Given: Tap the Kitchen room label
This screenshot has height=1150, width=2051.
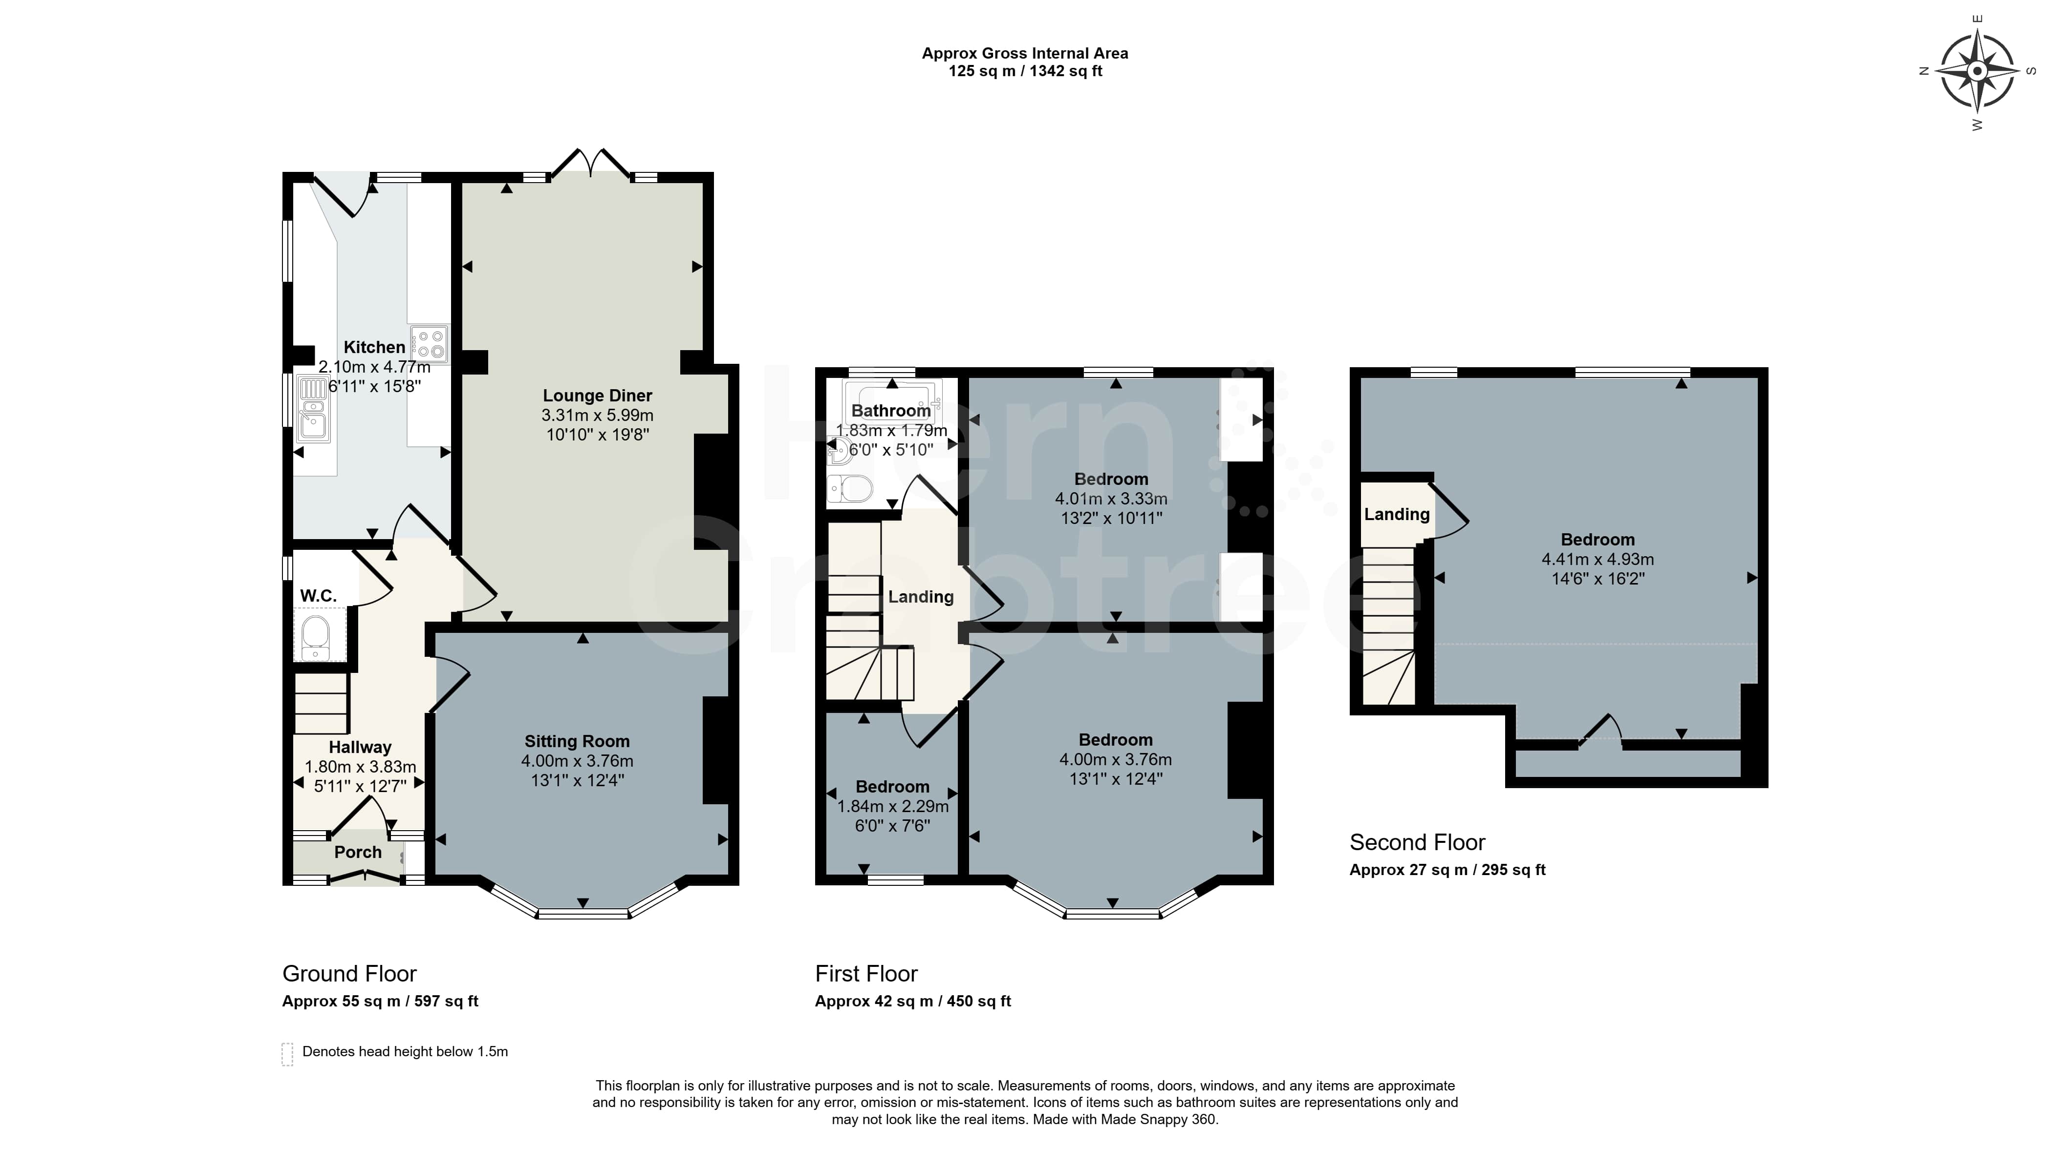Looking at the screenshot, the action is pos(374,347).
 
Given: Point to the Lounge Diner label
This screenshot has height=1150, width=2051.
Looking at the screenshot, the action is pos(597,396).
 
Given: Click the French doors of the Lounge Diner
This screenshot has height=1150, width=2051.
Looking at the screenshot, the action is pos(591,162).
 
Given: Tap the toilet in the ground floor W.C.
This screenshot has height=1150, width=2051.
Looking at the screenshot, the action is pos(315,637).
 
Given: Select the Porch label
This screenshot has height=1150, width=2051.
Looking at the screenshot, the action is pos(358,852).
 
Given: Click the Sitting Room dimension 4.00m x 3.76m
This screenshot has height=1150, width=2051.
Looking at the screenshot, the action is pos(577,761).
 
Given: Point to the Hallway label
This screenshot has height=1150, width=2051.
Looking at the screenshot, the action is pos(360,747).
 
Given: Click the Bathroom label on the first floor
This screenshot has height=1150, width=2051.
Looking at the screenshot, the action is pos(891,411).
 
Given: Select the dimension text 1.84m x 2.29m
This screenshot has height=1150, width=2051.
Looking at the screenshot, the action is pos(892,806).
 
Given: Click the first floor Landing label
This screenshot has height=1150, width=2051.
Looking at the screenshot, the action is pos(920,597).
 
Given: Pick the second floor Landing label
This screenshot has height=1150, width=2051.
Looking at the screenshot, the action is pos(1397,514).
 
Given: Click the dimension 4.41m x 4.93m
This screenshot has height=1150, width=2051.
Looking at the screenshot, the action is pos(1597,559).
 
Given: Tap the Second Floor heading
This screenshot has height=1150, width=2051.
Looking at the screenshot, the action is pos(1417,842).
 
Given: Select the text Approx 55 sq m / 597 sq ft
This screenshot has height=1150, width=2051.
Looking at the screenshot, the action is pos(380,1001).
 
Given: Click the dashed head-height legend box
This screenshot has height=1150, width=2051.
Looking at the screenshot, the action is pos(287,1054).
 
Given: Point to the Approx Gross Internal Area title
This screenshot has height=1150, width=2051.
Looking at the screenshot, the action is pos(1025,53).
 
